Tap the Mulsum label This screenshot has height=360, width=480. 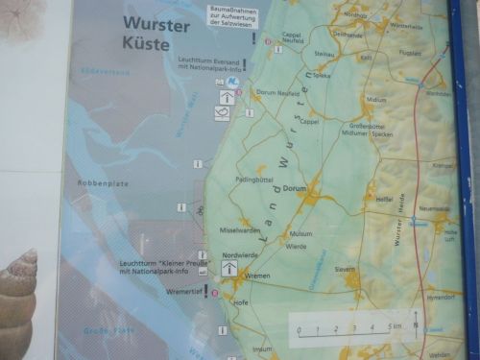[301, 233]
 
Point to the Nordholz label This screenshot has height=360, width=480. [352, 13]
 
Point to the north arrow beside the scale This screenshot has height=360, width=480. [415, 322]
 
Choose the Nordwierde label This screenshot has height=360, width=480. [240, 255]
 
